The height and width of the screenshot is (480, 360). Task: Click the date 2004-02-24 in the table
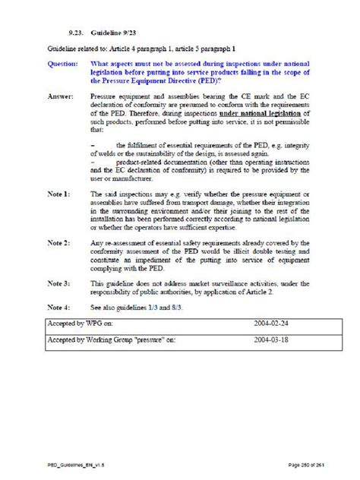(271, 322)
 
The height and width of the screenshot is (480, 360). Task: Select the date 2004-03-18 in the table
(271, 339)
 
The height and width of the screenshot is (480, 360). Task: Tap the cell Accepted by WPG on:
(84, 322)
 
